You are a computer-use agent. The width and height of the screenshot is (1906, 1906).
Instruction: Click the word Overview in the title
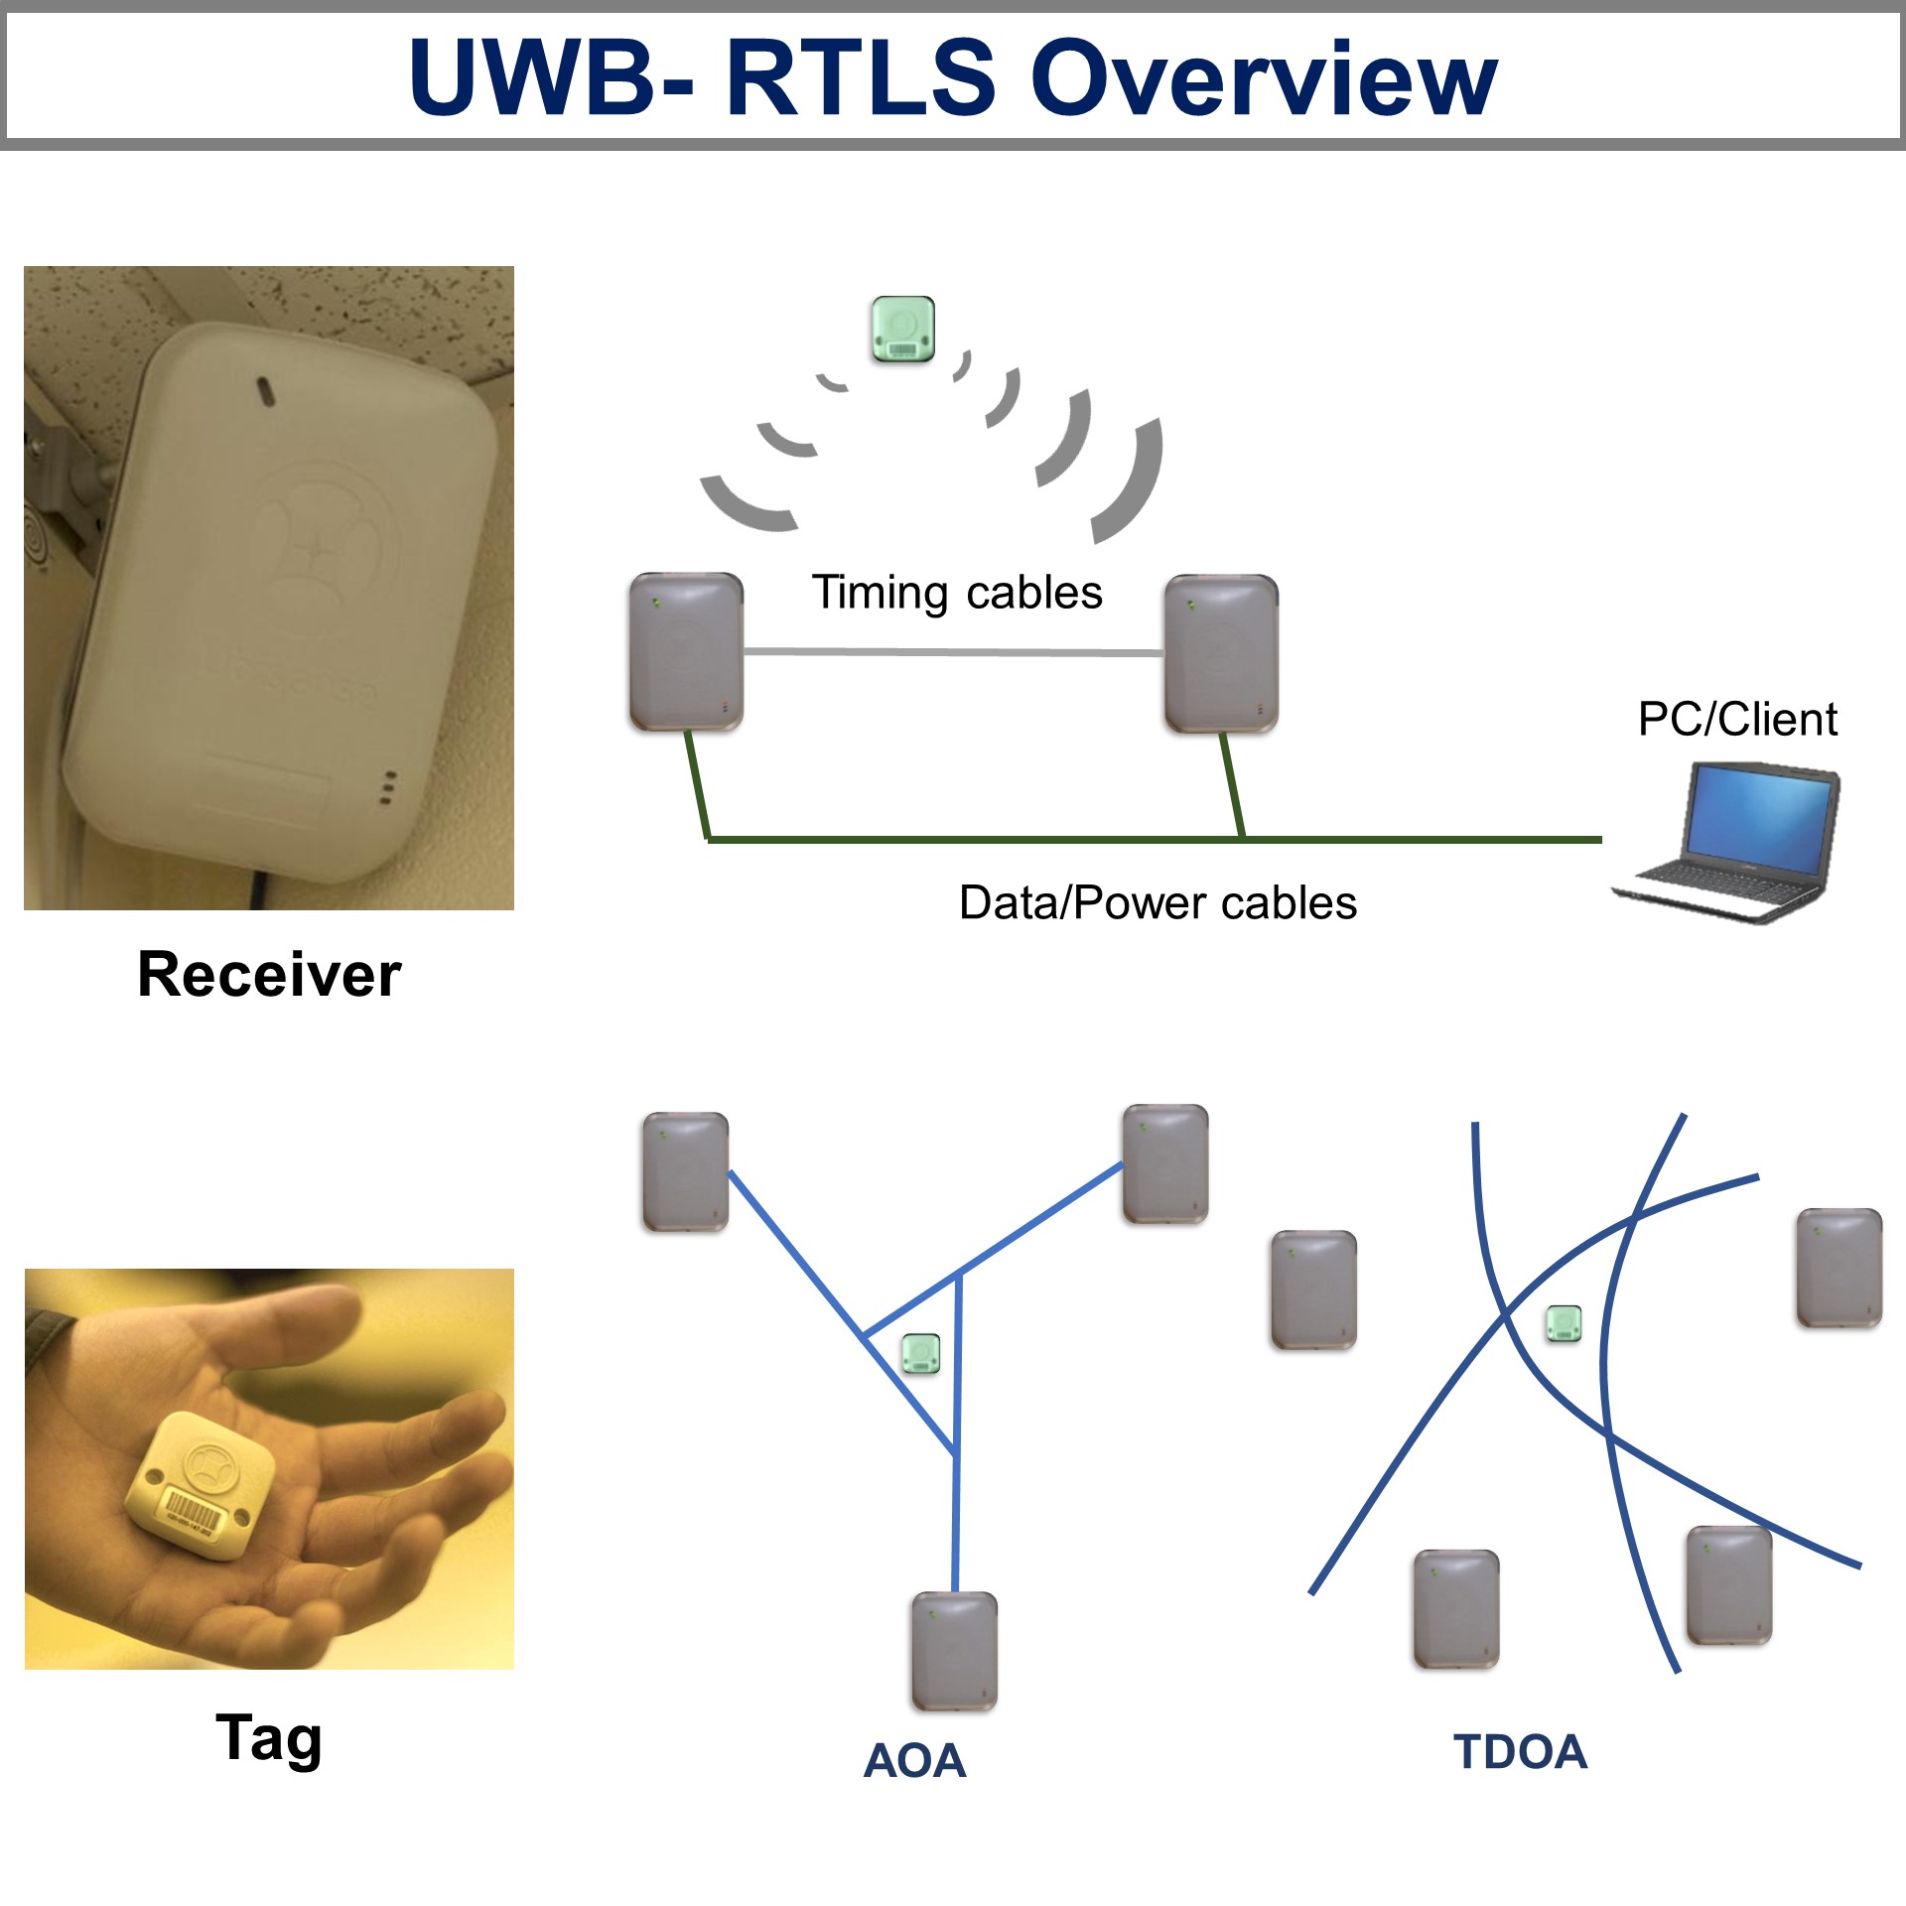click(x=1263, y=77)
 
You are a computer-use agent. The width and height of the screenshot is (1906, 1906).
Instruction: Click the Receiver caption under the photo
click(x=269, y=974)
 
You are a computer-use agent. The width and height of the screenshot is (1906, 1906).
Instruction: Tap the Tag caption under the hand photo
click(x=269, y=1739)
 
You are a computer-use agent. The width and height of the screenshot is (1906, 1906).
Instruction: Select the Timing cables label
click(x=957, y=593)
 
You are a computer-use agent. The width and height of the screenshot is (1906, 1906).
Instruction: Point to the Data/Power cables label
click(x=1157, y=903)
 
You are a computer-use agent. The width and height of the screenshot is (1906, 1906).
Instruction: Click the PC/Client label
click(x=1737, y=719)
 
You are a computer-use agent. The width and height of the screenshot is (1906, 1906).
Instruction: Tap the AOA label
click(x=914, y=1761)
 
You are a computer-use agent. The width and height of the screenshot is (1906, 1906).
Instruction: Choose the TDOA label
click(x=1520, y=1752)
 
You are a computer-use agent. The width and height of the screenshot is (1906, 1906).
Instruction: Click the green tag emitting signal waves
click(x=902, y=329)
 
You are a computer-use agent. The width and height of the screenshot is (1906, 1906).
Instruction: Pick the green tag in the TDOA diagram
click(x=1564, y=1323)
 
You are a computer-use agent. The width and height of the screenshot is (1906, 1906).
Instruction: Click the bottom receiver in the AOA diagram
click(x=954, y=1652)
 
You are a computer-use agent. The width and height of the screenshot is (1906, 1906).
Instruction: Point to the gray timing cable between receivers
click(x=953, y=652)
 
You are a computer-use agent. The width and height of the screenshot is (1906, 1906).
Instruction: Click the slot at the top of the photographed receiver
click(x=265, y=391)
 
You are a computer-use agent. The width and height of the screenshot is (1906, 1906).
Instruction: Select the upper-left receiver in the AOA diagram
click(x=685, y=1172)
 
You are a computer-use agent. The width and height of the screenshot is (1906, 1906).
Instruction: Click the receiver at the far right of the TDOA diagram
click(x=1839, y=1269)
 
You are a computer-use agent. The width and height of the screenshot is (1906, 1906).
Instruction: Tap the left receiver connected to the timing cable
click(x=686, y=652)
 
